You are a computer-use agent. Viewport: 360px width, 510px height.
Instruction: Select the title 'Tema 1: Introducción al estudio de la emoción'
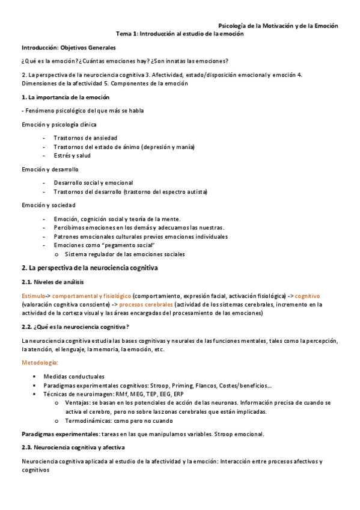(180, 34)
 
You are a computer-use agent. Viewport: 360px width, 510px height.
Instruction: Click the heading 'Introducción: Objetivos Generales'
(69, 48)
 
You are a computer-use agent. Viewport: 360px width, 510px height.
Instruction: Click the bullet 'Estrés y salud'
(73, 155)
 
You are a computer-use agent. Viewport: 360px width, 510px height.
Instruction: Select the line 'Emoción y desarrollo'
(50, 170)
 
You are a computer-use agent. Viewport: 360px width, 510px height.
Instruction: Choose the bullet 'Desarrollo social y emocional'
(93, 183)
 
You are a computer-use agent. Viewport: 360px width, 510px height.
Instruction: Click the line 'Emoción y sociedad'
(49, 205)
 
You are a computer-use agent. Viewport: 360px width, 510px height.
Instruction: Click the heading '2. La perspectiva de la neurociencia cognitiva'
(90, 268)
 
